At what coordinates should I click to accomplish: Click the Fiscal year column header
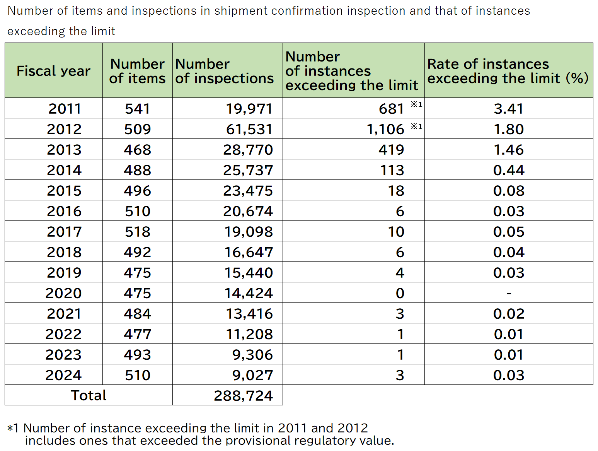pyautogui.click(x=53, y=71)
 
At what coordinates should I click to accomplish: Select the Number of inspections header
pyautogui.click(x=224, y=71)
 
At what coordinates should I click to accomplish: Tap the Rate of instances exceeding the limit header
pyautogui.click(x=508, y=71)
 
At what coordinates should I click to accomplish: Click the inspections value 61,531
pyautogui.click(x=249, y=129)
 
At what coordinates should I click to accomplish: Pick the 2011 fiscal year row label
pyautogui.click(x=65, y=109)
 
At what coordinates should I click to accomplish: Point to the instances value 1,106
pyautogui.click(x=385, y=129)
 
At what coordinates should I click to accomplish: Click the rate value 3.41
pyautogui.click(x=508, y=109)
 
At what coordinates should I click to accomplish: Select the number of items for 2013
pyautogui.click(x=137, y=150)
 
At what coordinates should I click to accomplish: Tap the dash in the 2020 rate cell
pyautogui.click(x=509, y=294)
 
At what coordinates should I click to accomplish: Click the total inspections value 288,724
pyautogui.click(x=243, y=396)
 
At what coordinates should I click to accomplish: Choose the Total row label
pyautogui.click(x=89, y=396)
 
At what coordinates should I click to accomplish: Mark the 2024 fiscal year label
pyautogui.click(x=63, y=375)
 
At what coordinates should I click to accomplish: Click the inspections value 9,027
pyautogui.click(x=252, y=375)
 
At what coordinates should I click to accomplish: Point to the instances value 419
pyautogui.click(x=391, y=150)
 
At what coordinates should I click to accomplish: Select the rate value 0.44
pyautogui.click(x=509, y=170)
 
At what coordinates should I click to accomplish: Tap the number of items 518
pyautogui.click(x=137, y=232)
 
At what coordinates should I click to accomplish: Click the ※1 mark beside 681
pyautogui.click(x=416, y=104)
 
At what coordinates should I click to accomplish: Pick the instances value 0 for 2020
pyautogui.click(x=400, y=293)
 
